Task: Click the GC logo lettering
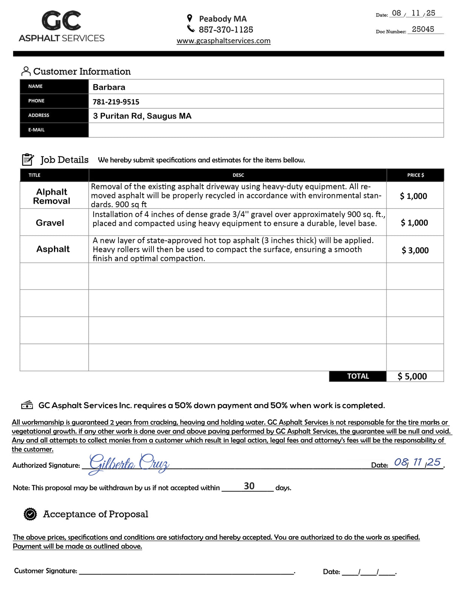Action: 61,21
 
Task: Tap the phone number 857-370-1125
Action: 226,29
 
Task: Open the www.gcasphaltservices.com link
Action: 223,41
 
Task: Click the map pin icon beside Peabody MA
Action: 190,18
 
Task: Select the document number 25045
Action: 423,29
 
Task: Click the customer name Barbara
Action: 109,87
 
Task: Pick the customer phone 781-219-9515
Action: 116,102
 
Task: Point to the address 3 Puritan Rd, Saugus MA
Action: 142,116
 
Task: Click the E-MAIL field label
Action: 37,130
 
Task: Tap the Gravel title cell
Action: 50,223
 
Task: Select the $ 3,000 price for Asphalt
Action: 415,250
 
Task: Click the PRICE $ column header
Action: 415,175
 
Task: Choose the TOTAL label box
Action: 358,376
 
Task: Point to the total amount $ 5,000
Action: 412,376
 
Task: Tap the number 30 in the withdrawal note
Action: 249,486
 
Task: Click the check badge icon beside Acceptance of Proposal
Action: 30,514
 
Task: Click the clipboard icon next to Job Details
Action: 28,160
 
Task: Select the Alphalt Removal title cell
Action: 52,196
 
